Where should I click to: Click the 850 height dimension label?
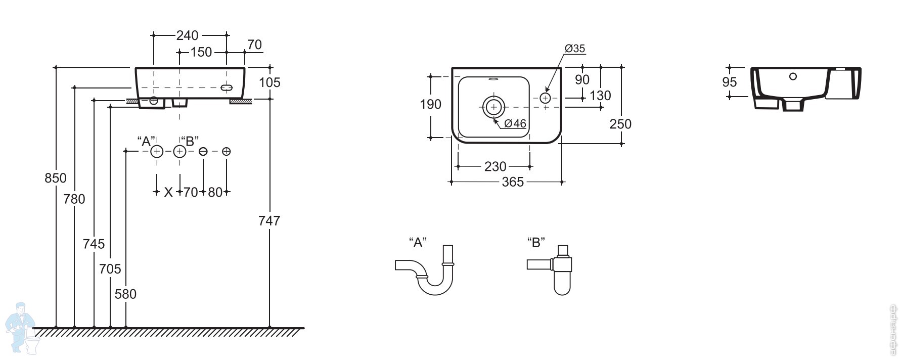pyautogui.click(x=56, y=178)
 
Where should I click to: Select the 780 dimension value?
pyautogui.click(x=74, y=199)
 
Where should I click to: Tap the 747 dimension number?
pyautogui.click(x=269, y=220)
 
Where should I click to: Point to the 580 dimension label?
pyautogui.click(x=125, y=294)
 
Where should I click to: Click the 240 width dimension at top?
pyautogui.click(x=187, y=35)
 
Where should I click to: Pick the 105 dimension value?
pyautogui.click(x=269, y=82)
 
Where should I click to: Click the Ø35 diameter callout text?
pyautogui.click(x=575, y=49)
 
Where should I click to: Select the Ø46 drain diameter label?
pyautogui.click(x=515, y=123)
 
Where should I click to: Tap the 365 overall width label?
pyautogui.click(x=513, y=182)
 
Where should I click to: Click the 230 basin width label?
pyautogui.click(x=495, y=166)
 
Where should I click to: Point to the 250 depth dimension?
pyautogui.click(x=620, y=124)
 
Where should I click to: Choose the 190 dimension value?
pyautogui.click(x=431, y=104)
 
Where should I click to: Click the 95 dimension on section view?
pyautogui.click(x=730, y=82)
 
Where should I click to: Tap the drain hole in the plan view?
pyautogui.click(x=493, y=107)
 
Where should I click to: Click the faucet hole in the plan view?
pyautogui.click(x=545, y=98)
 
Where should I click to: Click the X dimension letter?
pyautogui.click(x=168, y=192)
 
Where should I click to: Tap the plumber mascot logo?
pyautogui.click(x=21, y=327)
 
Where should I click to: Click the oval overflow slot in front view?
pyautogui.click(x=227, y=87)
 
